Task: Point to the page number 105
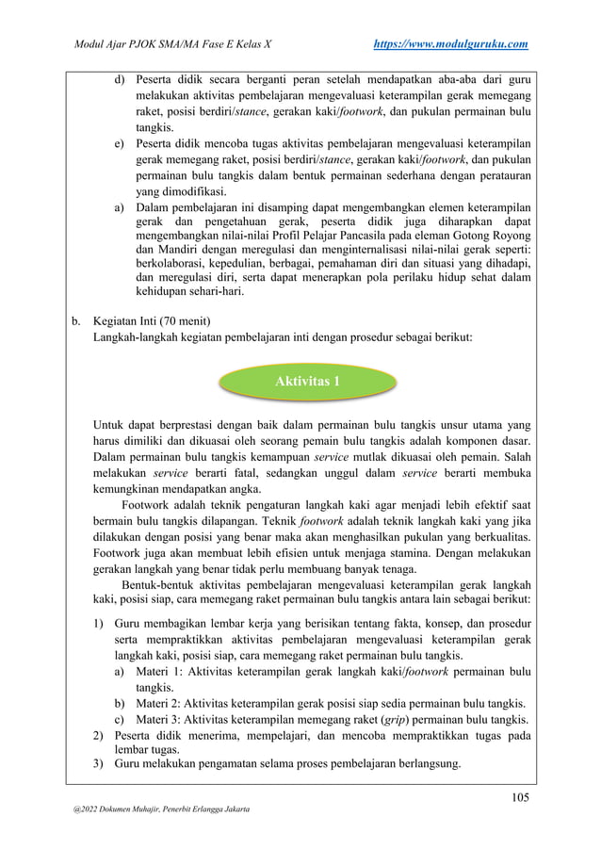[x=518, y=798]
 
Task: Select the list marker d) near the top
[x=120, y=79]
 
